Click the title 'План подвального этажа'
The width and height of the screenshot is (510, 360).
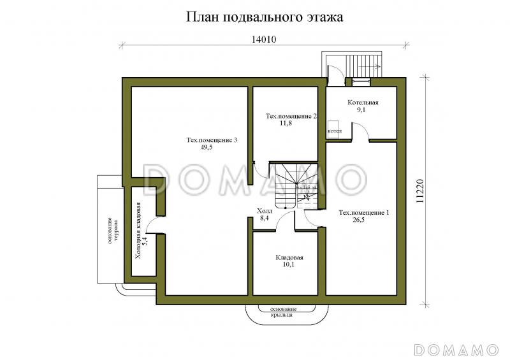point(265,17)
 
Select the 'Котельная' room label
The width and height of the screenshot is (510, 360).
point(363,103)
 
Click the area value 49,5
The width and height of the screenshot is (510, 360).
point(205,148)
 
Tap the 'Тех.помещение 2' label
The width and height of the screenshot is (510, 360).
point(291,117)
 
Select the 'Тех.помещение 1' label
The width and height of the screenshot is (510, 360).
point(363,212)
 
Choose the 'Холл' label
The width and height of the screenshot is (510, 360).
point(264,211)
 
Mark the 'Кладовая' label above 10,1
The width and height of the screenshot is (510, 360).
point(289,257)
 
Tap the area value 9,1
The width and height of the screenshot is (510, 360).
point(361,110)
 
